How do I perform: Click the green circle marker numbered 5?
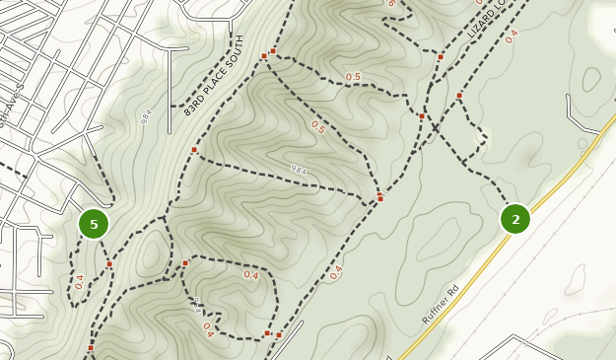94,224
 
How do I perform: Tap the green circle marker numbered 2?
515,219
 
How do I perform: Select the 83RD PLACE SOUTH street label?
215,76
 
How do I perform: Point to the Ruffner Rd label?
441,305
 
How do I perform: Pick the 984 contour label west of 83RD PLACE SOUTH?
146,116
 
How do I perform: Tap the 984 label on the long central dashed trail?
299,171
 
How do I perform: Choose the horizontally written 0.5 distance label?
353,77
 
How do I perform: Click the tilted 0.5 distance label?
317,126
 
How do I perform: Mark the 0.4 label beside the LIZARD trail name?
511,36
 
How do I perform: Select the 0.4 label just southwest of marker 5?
80,282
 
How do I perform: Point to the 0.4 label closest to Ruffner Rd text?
336,272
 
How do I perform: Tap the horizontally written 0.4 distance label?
250,275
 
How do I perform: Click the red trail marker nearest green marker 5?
109,264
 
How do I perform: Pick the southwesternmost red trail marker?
91,347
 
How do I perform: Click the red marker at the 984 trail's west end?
194,150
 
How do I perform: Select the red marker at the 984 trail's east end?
380,199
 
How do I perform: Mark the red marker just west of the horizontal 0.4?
185,263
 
